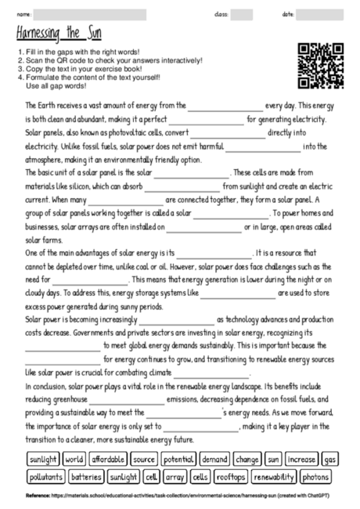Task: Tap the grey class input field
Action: coord(241,15)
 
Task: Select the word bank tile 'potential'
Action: coord(179,459)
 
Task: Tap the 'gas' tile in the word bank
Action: coord(330,459)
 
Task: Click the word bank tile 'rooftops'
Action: coord(230,476)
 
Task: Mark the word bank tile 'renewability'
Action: coord(273,476)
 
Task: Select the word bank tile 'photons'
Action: coord(315,476)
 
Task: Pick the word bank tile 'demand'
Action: coord(214,459)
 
